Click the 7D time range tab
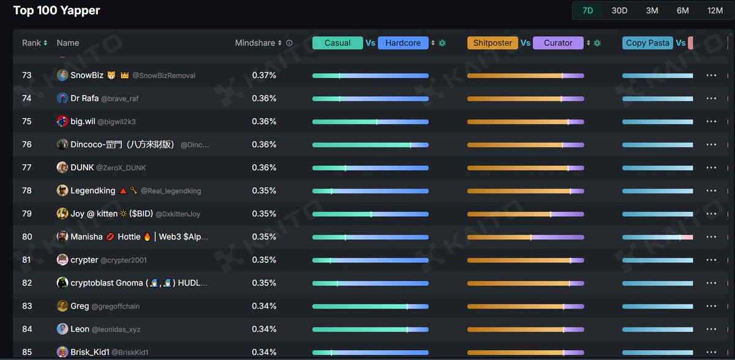[587, 10]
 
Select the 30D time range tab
[619, 10]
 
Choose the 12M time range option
[715, 10]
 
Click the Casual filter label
[337, 43]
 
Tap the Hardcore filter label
[403, 43]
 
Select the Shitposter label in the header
[492, 43]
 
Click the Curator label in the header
[558, 43]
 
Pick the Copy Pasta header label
[647, 43]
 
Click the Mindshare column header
[255, 43]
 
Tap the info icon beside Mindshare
[289, 43]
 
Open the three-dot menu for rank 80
[710, 237]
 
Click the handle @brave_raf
[120, 99]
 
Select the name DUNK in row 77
[82, 167]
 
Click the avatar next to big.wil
[62, 121]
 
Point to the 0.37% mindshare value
[264, 75]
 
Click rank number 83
[27, 306]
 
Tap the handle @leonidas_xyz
[116, 329]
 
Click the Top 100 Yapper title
[56, 10]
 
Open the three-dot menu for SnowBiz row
[710, 75]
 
